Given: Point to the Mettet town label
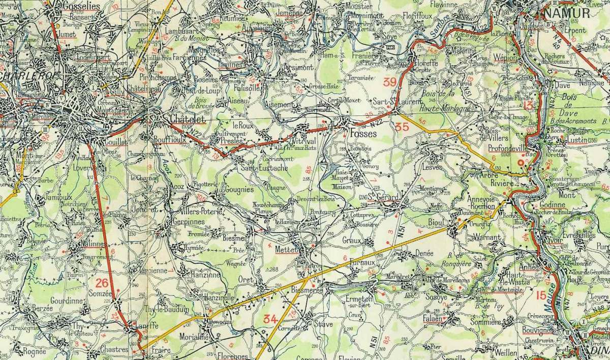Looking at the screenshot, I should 286,250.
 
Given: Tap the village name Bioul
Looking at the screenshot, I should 439,222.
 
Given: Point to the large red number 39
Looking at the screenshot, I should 390,82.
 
